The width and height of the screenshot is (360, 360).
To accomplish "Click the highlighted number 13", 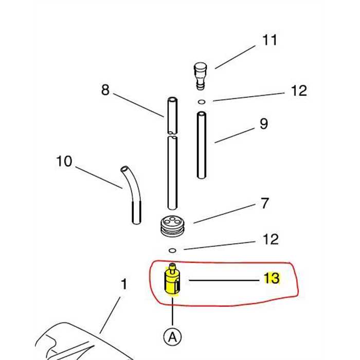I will pyautogui.click(x=272, y=278).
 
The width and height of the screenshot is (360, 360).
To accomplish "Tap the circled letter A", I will pyautogui.click(x=172, y=337).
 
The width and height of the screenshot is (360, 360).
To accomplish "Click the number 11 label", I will pyautogui.click(x=269, y=40).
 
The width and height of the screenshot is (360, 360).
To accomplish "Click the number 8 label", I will pyautogui.click(x=105, y=91).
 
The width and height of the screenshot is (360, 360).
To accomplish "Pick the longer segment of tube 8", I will pyautogui.click(x=172, y=172).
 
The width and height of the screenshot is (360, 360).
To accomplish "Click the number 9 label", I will pyautogui.click(x=264, y=124).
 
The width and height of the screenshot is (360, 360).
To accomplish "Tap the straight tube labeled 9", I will pyautogui.click(x=202, y=145).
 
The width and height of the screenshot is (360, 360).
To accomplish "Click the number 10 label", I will pyautogui.click(x=64, y=161).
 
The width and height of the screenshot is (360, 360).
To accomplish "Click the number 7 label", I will pyautogui.click(x=264, y=204).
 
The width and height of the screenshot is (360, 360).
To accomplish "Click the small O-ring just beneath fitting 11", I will pyautogui.click(x=202, y=102).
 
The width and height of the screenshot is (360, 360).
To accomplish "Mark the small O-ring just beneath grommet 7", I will pyautogui.click(x=172, y=250).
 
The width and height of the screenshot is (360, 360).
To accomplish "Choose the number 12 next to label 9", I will pyautogui.click(x=298, y=91).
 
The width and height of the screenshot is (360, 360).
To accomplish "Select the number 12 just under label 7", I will pyautogui.click(x=271, y=239).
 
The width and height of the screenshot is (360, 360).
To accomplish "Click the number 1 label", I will pyautogui.click(x=123, y=283).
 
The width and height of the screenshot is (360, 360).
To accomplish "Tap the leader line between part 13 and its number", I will pyautogui.click(x=221, y=280).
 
